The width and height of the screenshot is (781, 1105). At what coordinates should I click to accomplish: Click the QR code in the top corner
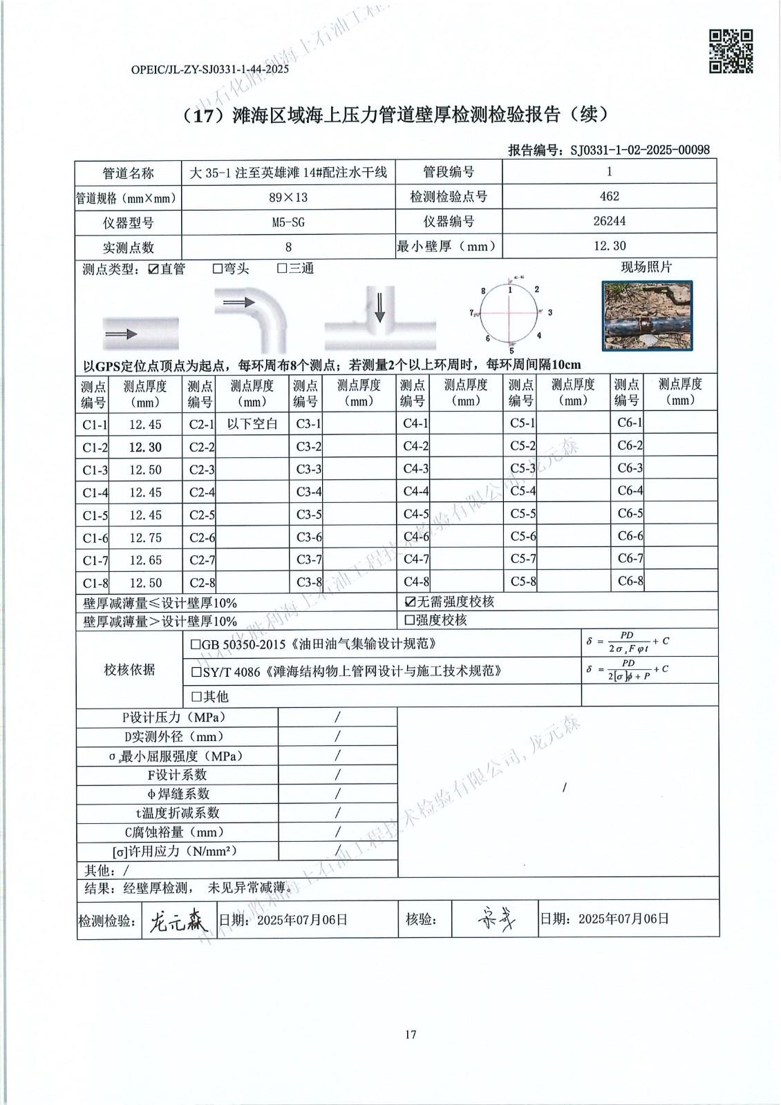(x=731, y=50)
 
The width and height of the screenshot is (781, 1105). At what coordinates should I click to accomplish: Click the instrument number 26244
(x=608, y=221)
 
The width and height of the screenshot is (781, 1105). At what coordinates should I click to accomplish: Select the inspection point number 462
(x=609, y=196)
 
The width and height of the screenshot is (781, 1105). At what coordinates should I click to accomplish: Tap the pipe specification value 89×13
(x=288, y=198)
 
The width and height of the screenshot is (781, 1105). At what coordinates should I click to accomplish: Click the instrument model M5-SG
(x=288, y=222)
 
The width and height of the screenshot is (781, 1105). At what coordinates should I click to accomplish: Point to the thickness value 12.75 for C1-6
(x=145, y=537)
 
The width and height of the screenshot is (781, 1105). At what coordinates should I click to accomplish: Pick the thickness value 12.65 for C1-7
(x=145, y=560)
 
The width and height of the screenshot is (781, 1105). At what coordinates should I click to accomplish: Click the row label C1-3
(x=95, y=470)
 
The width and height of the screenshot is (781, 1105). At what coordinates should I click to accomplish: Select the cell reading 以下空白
(x=252, y=423)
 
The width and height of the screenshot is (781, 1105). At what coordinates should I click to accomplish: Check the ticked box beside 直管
(x=153, y=269)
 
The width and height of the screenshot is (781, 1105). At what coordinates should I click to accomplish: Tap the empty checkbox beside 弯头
(x=217, y=269)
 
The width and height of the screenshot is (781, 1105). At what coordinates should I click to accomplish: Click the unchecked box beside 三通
(x=281, y=269)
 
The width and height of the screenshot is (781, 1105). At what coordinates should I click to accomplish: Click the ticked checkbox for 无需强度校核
(x=411, y=602)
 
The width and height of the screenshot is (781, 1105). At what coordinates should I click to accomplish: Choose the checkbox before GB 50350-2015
(x=196, y=644)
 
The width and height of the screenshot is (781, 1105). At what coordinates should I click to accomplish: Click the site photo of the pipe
(x=647, y=315)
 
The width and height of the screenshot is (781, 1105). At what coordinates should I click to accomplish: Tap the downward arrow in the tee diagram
(x=379, y=307)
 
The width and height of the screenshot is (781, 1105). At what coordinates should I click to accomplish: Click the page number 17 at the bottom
(x=411, y=1034)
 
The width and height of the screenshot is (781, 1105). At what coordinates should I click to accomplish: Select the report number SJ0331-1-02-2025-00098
(x=639, y=150)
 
